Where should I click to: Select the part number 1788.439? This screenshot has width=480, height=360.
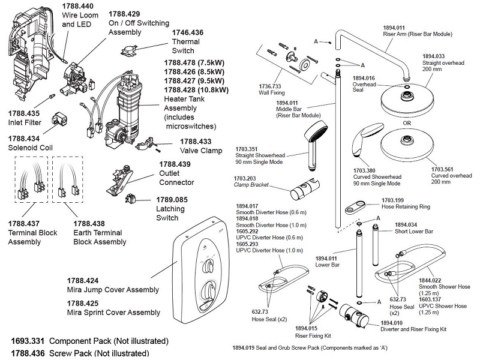[175, 164]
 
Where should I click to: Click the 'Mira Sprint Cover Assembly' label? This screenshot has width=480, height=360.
[113, 312]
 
